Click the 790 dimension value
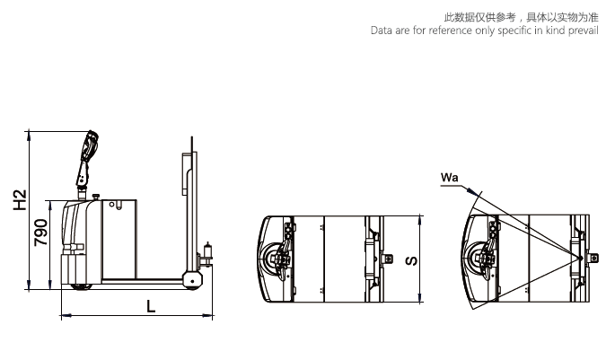point(40,233)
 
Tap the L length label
point(151,306)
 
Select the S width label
point(409,260)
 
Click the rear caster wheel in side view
point(191,281)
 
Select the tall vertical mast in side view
point(189,206)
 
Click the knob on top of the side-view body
point(95,195)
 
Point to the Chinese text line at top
point(521,17)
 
